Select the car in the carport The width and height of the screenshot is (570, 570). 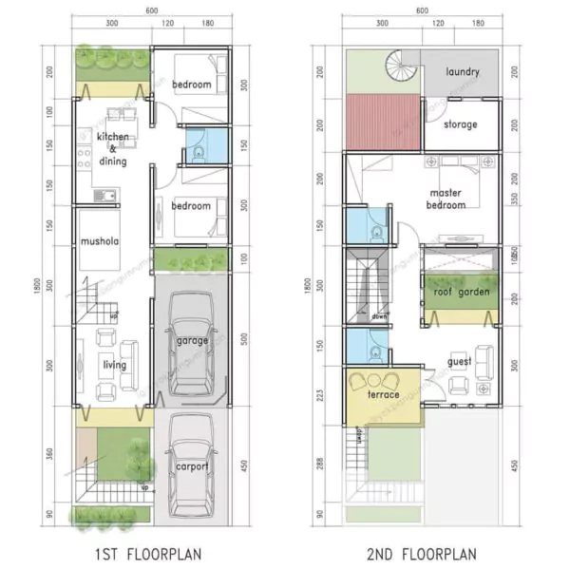point(193,465)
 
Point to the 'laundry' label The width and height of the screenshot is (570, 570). point(462,71)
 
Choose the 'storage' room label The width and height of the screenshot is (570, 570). point(461,124)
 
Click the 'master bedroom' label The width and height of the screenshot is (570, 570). point(446,199)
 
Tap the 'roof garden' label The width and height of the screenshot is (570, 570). point(461,293)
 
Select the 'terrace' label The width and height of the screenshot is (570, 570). point(382,394)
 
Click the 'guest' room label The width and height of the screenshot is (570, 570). point(460,361)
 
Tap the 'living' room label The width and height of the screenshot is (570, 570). point(113,364)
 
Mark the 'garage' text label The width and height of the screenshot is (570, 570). point(192,339)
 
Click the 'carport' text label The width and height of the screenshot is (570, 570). point(192,466)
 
